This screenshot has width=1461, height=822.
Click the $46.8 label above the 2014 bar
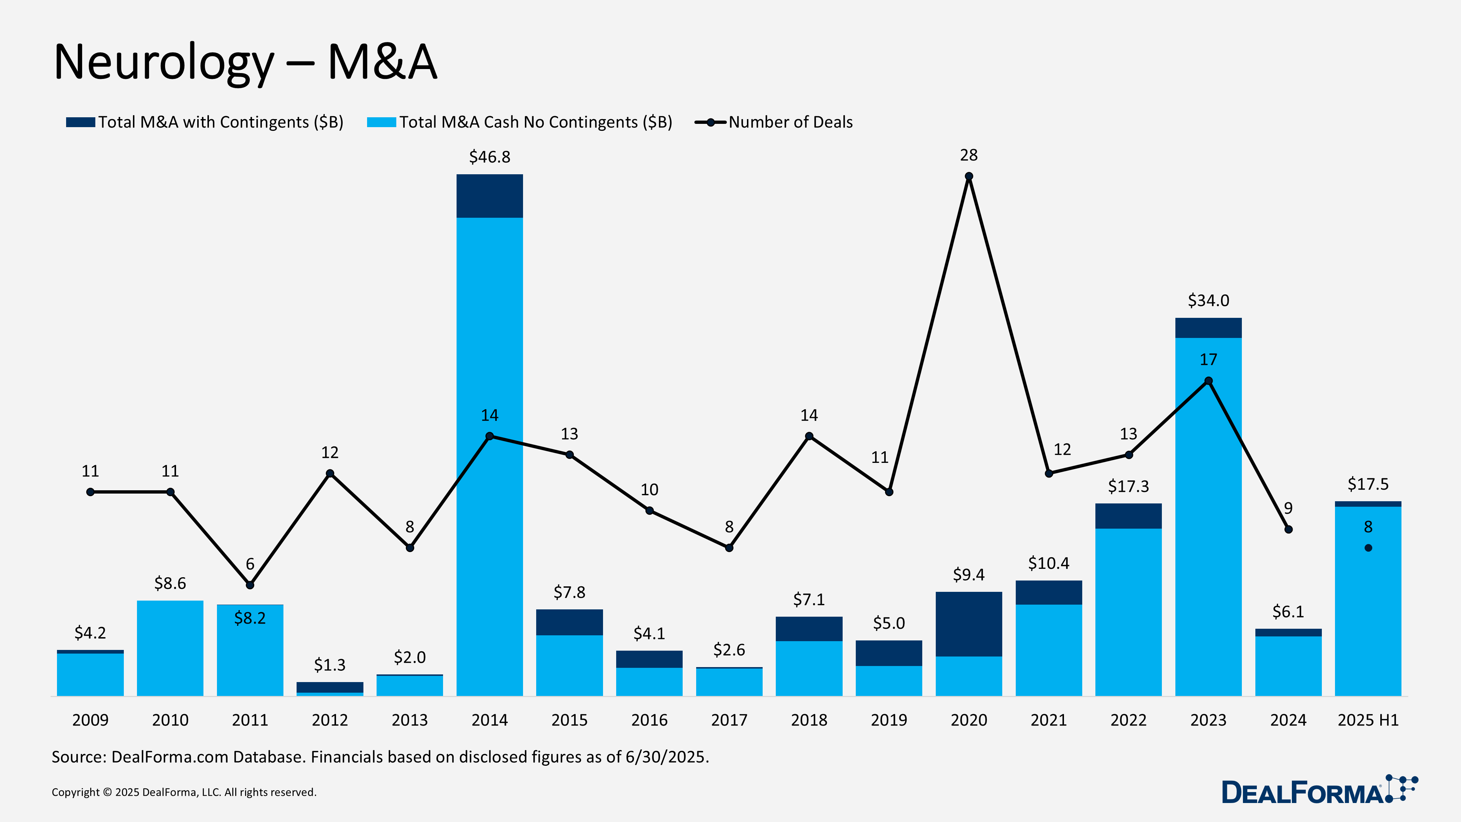489,157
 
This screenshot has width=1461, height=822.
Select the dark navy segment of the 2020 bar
969,624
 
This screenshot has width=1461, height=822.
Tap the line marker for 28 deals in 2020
969,176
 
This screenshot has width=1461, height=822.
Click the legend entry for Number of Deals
790,122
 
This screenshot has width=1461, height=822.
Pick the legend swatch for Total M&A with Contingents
80,122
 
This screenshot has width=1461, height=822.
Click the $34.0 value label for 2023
1208,301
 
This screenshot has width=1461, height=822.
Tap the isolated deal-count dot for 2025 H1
1368,548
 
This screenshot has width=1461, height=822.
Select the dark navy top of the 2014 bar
489,196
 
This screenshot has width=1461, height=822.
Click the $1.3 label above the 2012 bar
329,665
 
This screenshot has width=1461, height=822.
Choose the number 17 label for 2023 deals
1208,359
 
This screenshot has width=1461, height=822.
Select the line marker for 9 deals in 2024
1288,529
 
